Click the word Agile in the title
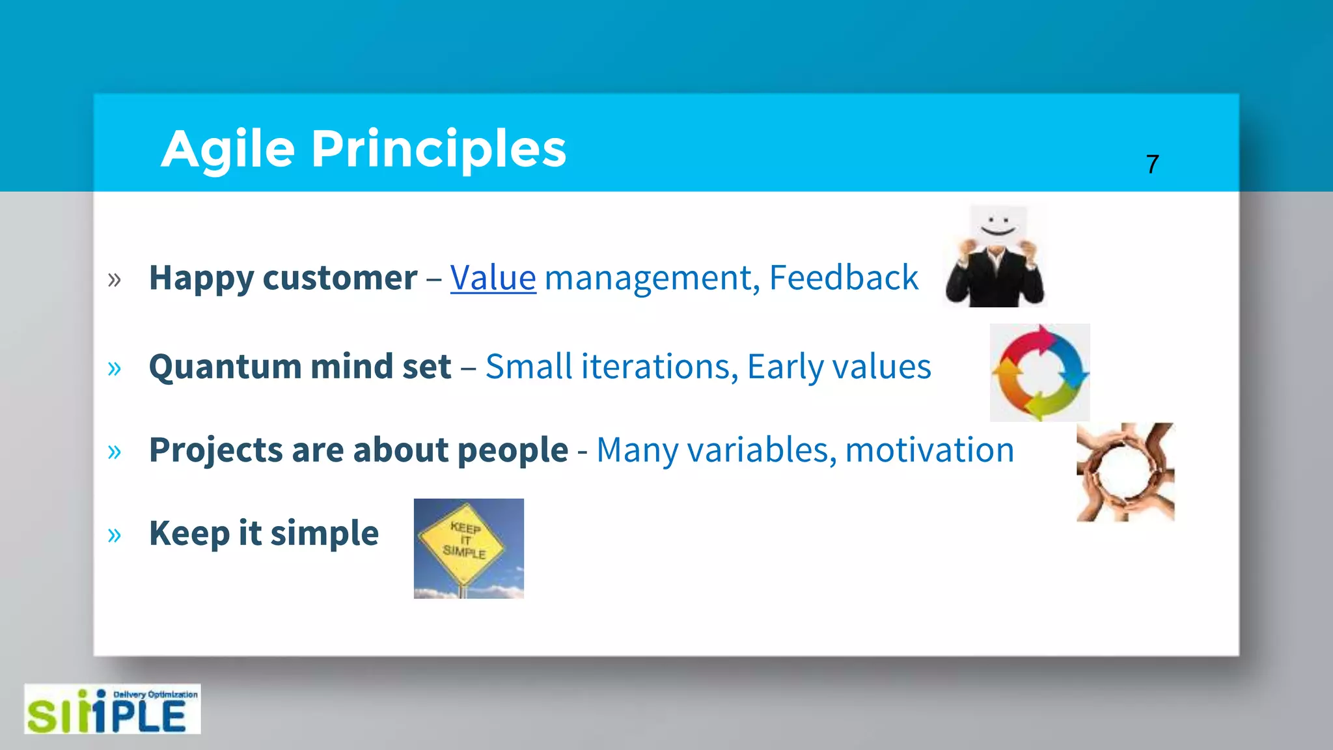(228, 150)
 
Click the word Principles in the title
(438, 150)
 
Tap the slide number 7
(1152, 164)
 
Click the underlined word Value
(493, 278)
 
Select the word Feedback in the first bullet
(844, 278)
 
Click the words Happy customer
(282, 278)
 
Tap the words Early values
(839, 367)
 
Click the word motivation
(929, 450)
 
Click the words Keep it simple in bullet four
(264, 533)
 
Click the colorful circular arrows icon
(1039, 373)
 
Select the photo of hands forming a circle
(1125, 472)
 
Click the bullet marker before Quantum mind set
(115, 368)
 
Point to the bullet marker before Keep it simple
(115, 535)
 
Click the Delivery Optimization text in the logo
(156, 695)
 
